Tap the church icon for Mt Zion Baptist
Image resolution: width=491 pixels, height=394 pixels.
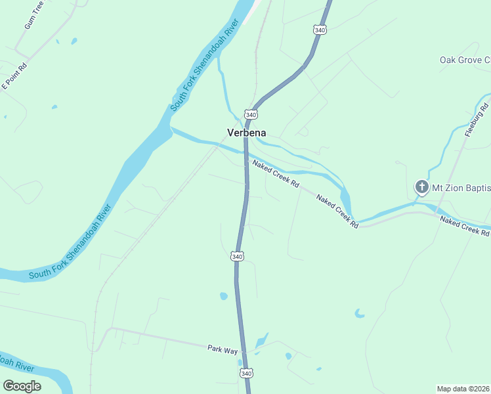tap(421, 188)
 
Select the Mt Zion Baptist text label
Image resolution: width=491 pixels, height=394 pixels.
tap(460, 188)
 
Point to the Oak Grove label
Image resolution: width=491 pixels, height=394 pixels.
tap(465, 60)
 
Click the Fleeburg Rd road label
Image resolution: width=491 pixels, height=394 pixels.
tap(477, 120)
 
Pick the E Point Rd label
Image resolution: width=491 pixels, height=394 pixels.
tap(14, 77)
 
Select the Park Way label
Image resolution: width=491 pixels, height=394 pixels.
tap(223, 350)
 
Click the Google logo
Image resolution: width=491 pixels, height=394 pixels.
tap(22, 386)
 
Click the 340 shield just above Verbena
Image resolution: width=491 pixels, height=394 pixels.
tap(250, 114)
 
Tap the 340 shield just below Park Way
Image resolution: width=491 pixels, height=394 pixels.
tap(246, 373)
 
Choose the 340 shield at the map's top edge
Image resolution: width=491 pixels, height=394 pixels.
tap(320, 30)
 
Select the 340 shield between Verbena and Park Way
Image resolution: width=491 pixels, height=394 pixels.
tap(237, 256)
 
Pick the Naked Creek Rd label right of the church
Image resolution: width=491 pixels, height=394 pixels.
tap(465, 226)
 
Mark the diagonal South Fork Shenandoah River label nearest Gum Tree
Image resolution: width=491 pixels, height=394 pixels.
tap(205, 68)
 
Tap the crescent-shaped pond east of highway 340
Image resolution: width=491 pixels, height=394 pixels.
tap(359, 314)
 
